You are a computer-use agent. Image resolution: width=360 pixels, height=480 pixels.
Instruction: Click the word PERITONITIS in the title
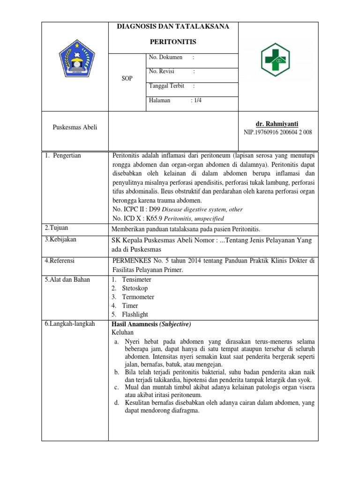tap(173, 42)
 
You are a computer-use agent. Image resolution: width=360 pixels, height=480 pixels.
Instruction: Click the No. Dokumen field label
tap(165, 57)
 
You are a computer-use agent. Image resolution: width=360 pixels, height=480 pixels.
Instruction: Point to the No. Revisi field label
tap(164, 72)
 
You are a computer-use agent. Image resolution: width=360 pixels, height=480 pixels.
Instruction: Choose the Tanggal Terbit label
tap(166, 86)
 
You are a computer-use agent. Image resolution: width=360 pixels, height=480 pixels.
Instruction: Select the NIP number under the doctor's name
tap(277, 132)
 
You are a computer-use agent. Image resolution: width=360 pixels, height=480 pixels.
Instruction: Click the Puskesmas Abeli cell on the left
tap(75, 127)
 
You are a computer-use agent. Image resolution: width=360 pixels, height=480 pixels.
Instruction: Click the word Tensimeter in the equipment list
tap(136, 279)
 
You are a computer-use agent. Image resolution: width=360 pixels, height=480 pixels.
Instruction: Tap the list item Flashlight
tap(135, 315)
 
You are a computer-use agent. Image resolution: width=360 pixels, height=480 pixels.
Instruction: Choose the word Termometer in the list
tap(138, 297)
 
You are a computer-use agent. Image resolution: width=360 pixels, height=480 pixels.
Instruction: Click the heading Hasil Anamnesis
tap(134, 324)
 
